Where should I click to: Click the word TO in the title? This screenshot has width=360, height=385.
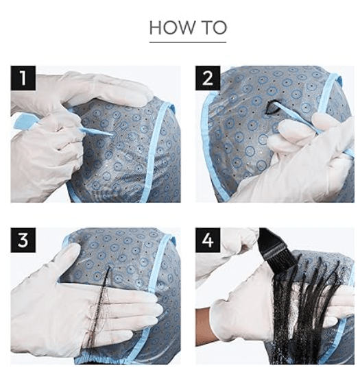pos(214,27)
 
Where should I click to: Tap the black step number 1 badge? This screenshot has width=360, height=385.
pos(23,78)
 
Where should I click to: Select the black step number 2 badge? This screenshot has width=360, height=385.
pos(208,78)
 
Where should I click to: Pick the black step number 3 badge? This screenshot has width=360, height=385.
pos(23,240)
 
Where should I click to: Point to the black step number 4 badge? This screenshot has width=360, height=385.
pos(208,240)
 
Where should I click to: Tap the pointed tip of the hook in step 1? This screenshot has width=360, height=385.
pos(112,134)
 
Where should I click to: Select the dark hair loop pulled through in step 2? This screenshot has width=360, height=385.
pos(271,108)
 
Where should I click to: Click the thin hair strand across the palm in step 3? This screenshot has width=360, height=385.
pos(98,312)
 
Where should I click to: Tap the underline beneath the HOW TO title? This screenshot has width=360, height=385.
pos(188,42)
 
